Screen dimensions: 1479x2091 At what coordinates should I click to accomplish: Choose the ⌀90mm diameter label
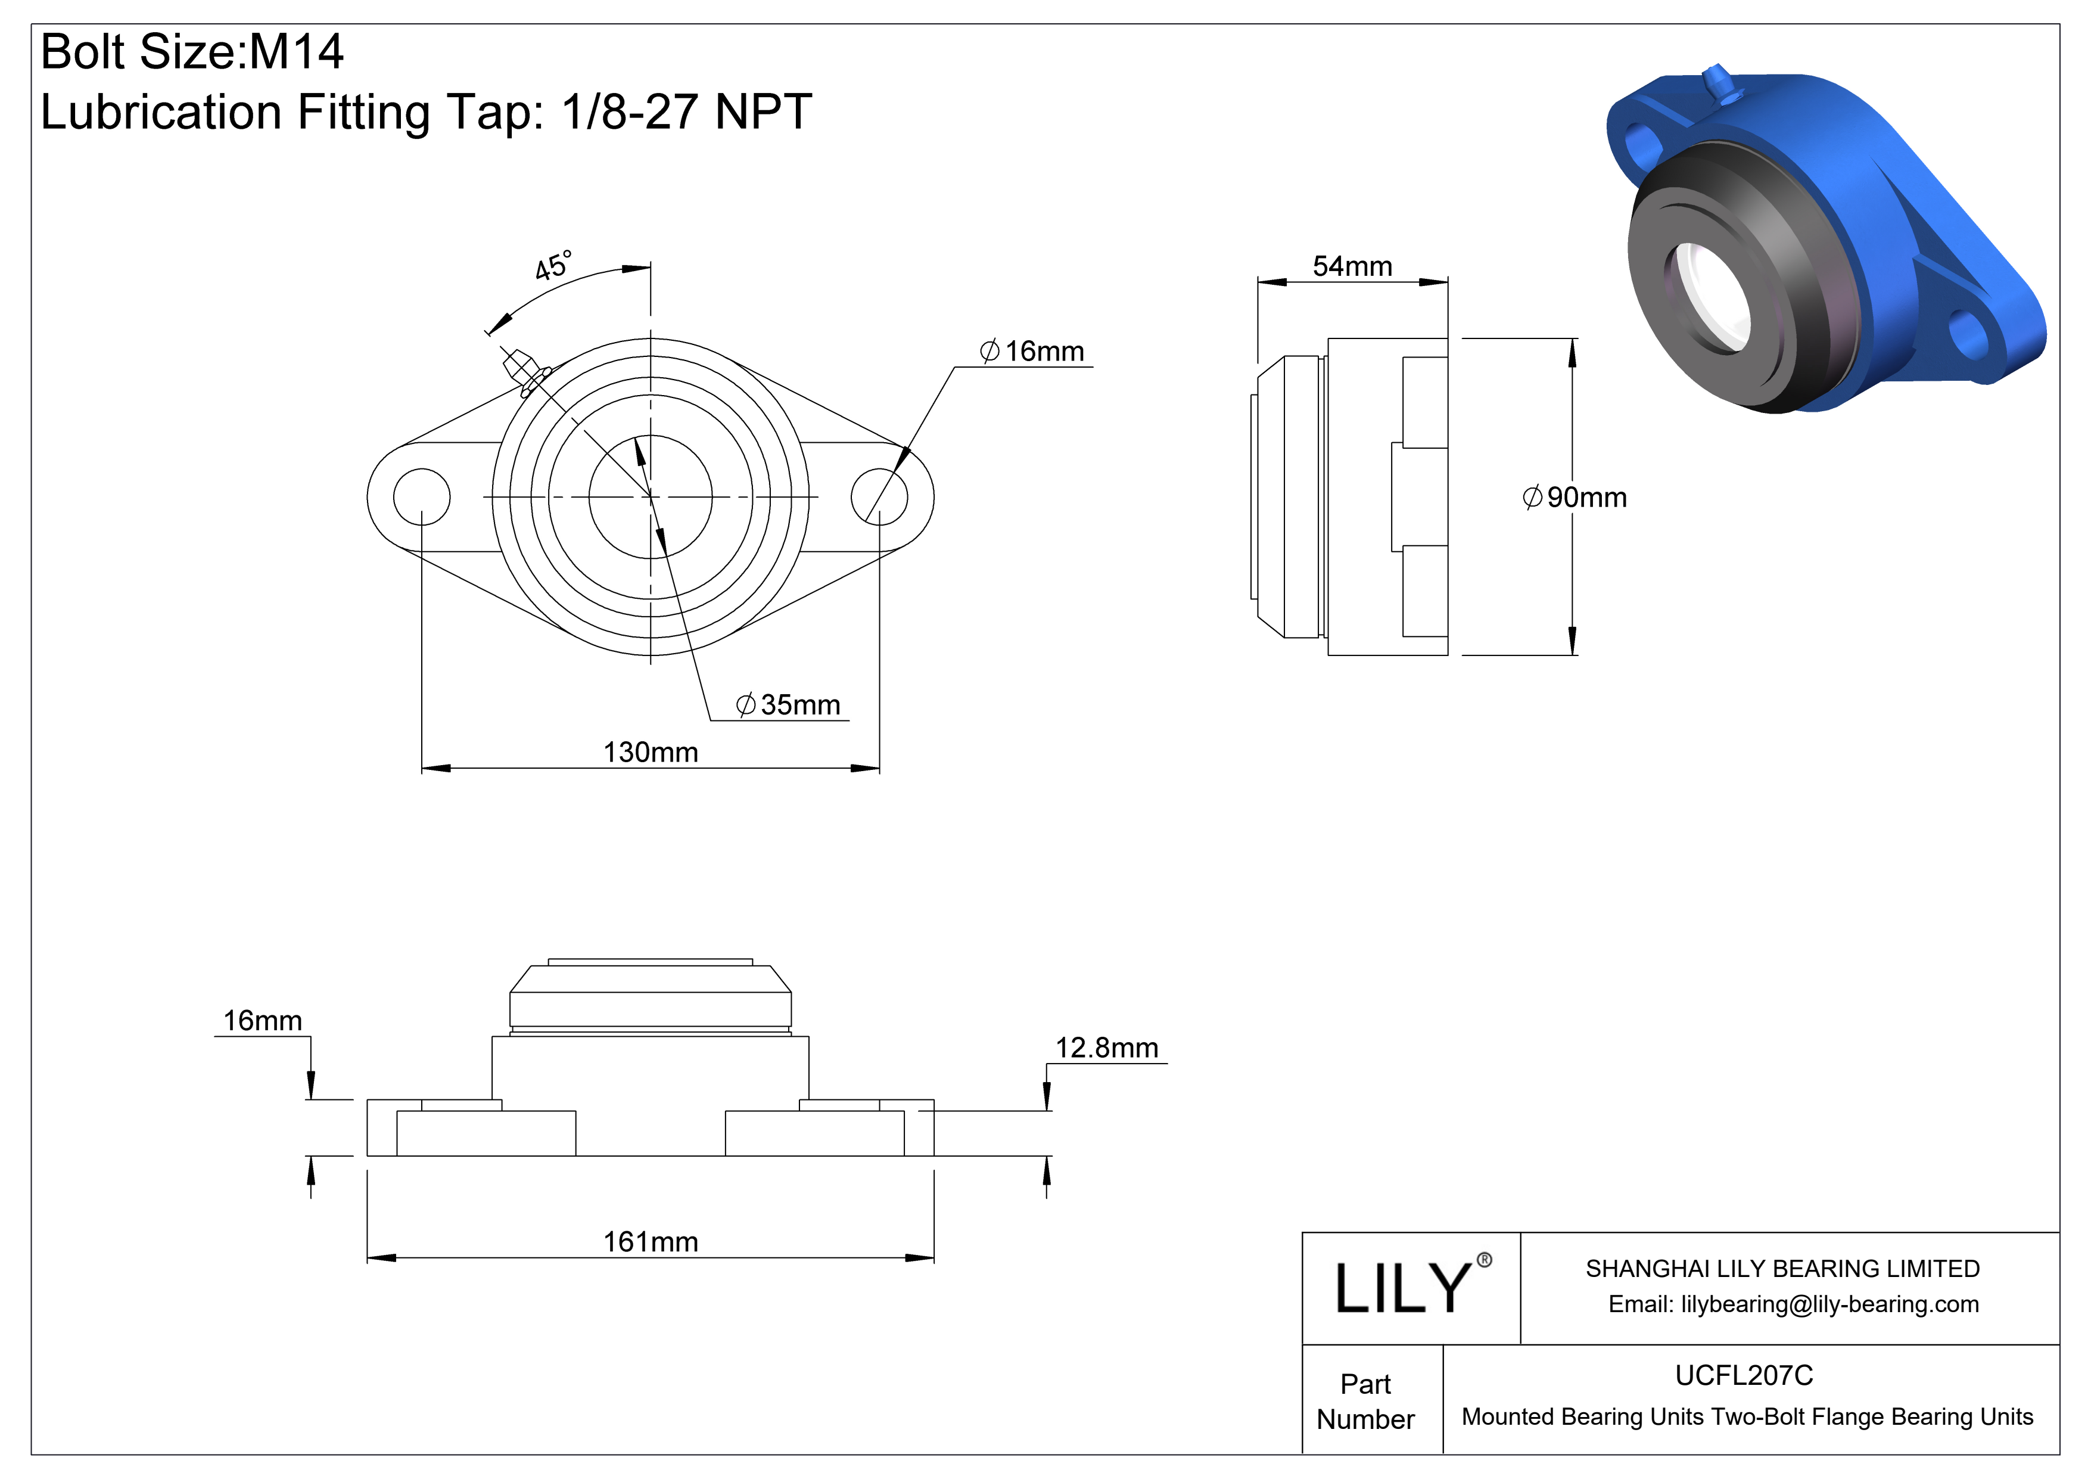(x=1574, y=497)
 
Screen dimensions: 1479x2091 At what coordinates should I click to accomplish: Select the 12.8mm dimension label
(x=1106, y=1048)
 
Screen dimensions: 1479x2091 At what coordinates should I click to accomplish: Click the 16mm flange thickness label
(x=262, y=1020)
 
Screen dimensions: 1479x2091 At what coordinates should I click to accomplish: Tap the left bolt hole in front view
(x=422, y=497)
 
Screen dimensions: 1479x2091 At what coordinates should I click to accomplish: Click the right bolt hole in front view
(x=879, y=497)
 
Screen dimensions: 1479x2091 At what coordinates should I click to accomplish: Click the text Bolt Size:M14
(x=192, y=51)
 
